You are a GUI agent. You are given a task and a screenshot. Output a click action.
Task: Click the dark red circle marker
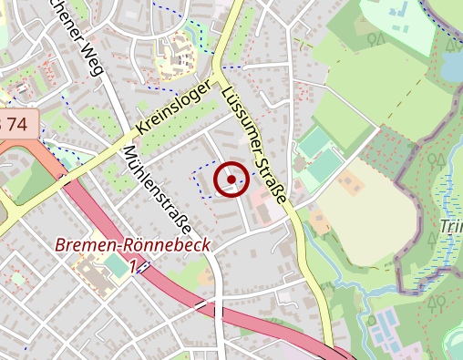(231, 179)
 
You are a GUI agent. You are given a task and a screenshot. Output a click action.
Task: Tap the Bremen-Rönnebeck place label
(133, 245)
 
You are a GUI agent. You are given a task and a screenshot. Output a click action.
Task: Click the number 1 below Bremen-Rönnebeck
(134, 266)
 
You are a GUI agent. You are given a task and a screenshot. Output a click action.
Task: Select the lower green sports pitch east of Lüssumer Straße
(326, 167)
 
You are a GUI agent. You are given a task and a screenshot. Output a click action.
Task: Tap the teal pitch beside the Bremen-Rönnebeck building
(116, 267)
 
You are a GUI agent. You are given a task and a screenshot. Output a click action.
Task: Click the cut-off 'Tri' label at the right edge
(451, 226)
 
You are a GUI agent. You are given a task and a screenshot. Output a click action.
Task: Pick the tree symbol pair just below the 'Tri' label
(429, 241)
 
